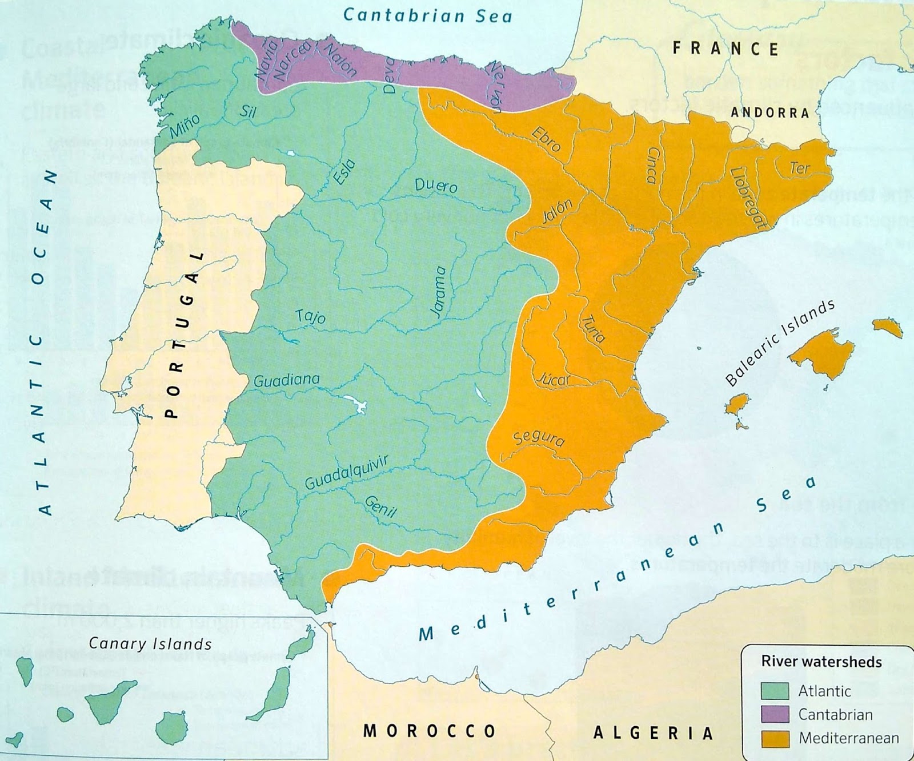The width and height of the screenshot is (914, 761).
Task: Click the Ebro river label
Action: tap(546, 139)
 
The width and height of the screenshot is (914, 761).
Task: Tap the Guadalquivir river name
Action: tap(346, 473)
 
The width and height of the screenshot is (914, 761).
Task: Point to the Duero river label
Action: tap(436, 186)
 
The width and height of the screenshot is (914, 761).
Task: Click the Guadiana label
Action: tap(286, 380)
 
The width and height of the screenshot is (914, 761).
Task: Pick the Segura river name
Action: tap(539, 437)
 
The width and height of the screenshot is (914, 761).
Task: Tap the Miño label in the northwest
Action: tap(185, 126)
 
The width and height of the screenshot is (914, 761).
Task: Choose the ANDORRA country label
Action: tap(770, 112)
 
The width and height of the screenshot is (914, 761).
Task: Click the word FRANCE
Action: tap(725, 49)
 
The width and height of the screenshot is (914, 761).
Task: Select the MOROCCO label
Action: tap(430, 731)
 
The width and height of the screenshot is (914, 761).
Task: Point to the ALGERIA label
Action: tap(654, 733)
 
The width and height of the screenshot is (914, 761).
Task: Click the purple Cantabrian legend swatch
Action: tap(775, 714)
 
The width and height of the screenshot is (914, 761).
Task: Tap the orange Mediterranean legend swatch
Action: tap(775, 738)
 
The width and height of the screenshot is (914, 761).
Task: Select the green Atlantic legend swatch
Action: tap(775, 691)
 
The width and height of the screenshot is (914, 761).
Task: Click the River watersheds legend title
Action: tap(821, 662)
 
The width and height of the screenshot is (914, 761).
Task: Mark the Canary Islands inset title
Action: tap(150, 644)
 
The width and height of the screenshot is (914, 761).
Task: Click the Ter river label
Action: tap(800, 168)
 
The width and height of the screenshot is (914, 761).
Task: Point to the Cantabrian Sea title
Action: tap(427, 15)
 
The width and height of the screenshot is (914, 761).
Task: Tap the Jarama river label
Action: tap(438, 291)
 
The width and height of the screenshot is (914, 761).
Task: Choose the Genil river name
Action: tap(380, 506)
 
